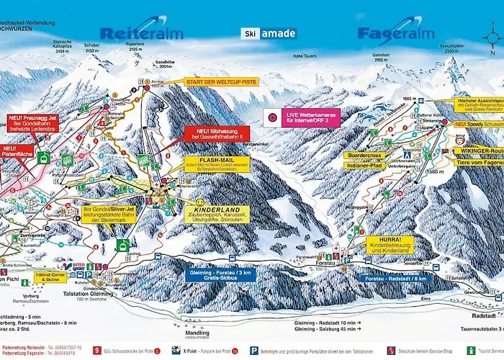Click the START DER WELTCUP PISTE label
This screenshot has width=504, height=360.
[x=220, y=81]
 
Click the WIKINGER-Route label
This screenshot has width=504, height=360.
[x=478, y=151]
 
